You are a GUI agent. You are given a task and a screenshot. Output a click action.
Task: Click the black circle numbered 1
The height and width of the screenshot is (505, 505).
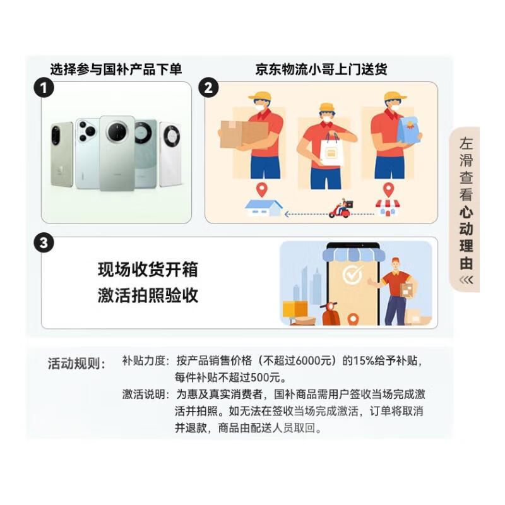pos(43,88)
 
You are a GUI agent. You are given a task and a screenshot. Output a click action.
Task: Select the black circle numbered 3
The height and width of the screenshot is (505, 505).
pos(43,244)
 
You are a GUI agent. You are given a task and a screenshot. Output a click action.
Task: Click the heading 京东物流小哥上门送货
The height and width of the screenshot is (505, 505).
pos(321,69)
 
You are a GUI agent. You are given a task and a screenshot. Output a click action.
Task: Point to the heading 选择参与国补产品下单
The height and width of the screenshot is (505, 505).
pos(116,69)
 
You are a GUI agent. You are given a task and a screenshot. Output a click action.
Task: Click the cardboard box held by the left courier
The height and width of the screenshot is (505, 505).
pos(243,134)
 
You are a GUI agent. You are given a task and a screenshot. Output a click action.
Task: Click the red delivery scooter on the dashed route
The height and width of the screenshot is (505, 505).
pos(341,209)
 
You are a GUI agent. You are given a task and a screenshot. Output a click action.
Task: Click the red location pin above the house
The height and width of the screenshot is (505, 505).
pos(261,189)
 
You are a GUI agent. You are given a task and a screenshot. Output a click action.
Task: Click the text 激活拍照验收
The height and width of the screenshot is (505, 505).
pos(148,295)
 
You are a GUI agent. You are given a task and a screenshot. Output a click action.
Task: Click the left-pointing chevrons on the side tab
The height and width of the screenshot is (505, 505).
pos(466,279)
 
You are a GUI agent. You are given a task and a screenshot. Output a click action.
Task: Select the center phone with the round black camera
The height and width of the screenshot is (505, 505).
pos(117,151)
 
